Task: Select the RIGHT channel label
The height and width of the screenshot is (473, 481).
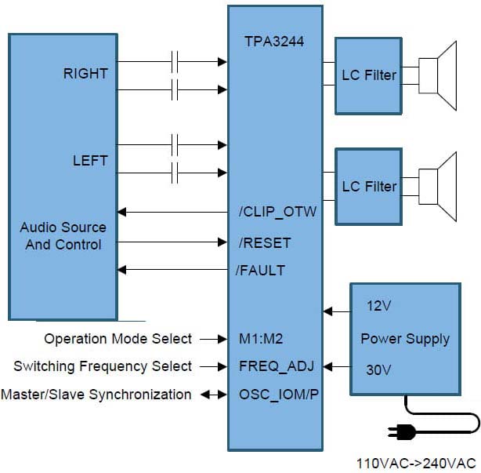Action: pos(85,74)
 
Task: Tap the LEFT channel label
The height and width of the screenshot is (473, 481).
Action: pos(90,161)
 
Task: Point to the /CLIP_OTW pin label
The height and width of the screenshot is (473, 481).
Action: pos(277,212)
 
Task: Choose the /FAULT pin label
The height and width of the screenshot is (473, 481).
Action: pos(261,271)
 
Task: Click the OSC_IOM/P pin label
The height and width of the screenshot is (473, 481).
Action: pos(278,394)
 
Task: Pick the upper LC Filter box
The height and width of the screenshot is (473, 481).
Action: pos(369,75)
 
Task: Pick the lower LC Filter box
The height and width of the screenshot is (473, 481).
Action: pos(369,186)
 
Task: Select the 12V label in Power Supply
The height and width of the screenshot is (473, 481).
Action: pos(378,306)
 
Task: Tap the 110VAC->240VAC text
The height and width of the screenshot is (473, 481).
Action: pos(416,463)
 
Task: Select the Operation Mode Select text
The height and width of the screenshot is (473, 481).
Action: pos(118,339)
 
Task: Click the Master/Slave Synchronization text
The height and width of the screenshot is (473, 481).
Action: pos(96,394)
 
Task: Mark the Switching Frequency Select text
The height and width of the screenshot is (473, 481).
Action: pos(103,366)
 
